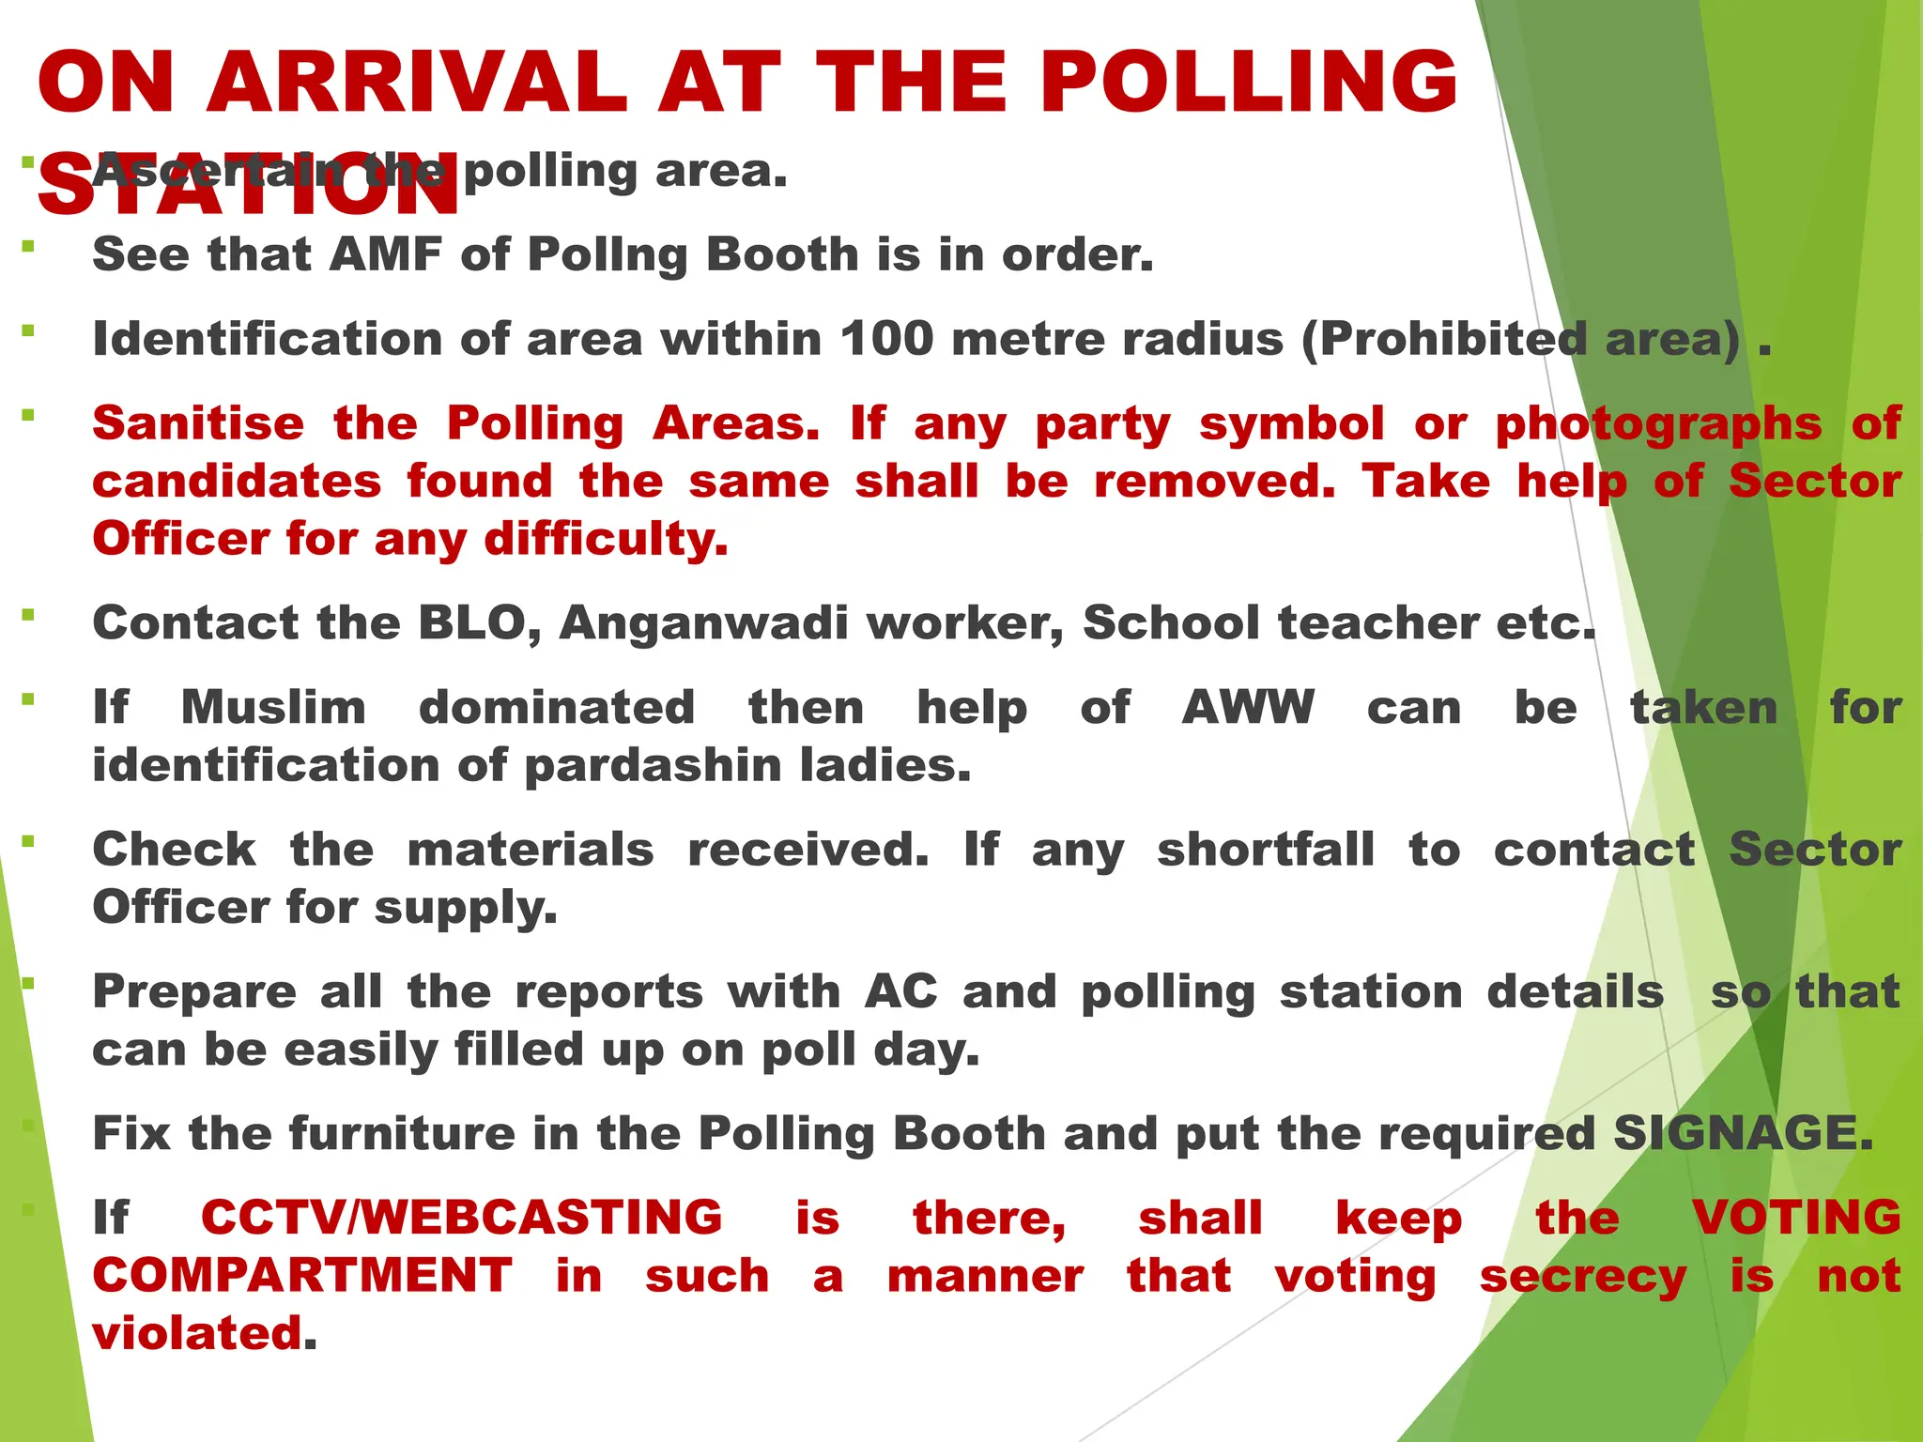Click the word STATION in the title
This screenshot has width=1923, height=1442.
[x=248, y=185]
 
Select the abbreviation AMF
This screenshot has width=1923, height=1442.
[x=386, y=254]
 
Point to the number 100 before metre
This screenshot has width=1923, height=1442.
[x=886, y=339]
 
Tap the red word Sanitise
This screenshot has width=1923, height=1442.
[x=198, y=423]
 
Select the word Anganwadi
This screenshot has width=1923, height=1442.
[x=704, y=623]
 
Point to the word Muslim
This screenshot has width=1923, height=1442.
[x=273, y=708]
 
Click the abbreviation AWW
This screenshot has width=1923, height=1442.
[x=1248, y=708]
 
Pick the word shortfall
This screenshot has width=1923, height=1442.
[x=1265, y=851]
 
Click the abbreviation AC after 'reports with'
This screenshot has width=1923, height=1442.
[x=900, y=992]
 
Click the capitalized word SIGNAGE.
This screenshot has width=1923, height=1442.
[x=1743, y=1134]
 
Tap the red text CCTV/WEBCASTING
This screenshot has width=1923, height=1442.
[x=461, y=1219]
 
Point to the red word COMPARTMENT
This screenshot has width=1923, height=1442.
[x=302, y=1277]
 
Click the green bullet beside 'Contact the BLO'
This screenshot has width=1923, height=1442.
[x=28, y=615]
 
